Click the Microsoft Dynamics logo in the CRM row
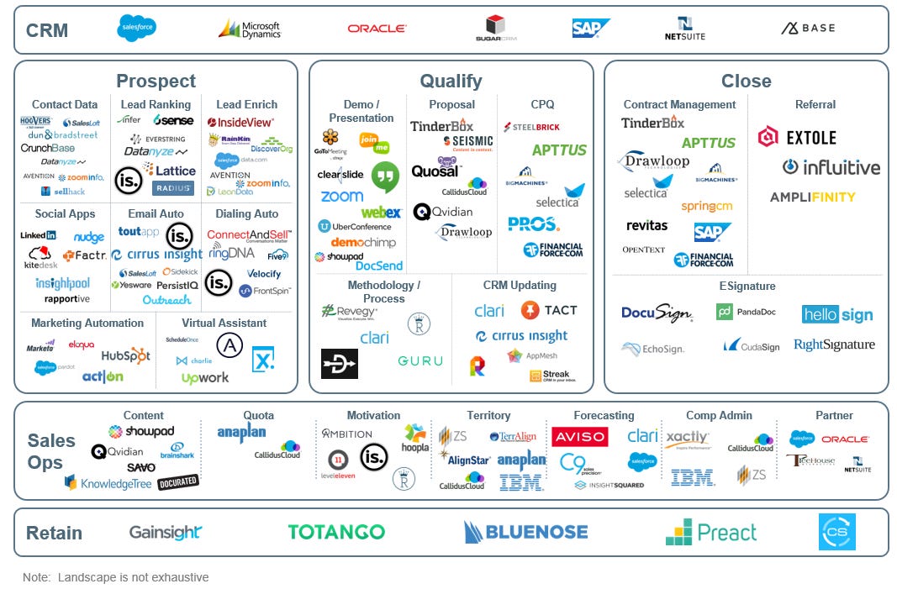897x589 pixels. click(249, 29)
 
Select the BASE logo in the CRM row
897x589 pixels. click(808, 29)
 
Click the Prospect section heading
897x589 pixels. click(156, 82)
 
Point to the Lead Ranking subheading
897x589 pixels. click(156, 105)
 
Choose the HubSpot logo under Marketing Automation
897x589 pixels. click(125, 356)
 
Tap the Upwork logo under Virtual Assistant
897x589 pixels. click(205, 378)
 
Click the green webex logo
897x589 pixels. click(381, 213)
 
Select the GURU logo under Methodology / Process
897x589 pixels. click(420, 361)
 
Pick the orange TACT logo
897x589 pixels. click(548, 311)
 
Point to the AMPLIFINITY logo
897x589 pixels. click(812, 197)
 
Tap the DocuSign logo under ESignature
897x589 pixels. click(657, 313)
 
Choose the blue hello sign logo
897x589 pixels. click(836, 315)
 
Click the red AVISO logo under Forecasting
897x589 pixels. click(579, 437)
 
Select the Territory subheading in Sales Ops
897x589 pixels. click(488, 416)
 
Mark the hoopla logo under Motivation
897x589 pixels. click(415, 438)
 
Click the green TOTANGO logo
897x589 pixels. click(336, 532)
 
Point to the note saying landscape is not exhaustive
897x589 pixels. click(116, 577)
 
